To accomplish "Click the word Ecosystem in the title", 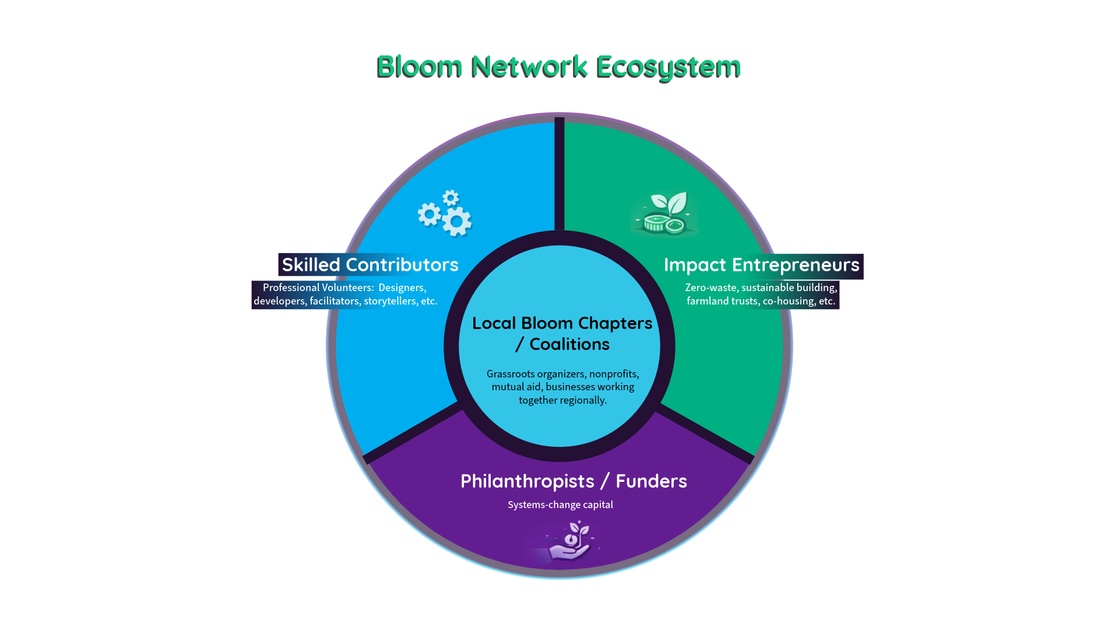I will point(669,66).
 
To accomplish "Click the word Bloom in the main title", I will point(420,66).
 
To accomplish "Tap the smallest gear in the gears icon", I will point(451,198).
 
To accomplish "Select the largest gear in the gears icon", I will point(457,222).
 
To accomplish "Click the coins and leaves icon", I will point(664,214).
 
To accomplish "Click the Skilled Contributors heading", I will point(370,265).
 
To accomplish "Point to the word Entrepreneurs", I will point(796,265).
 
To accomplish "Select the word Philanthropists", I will point(527,481).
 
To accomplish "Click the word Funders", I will point(651,481).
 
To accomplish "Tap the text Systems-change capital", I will point(560,505).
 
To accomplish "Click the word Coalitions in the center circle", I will point(569,344).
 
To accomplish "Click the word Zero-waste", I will point(710,288).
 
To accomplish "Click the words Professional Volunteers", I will point(318,288).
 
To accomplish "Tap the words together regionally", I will point(562,400).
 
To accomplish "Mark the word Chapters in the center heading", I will point(615,323).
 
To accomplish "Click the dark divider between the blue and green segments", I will point(559,175).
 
